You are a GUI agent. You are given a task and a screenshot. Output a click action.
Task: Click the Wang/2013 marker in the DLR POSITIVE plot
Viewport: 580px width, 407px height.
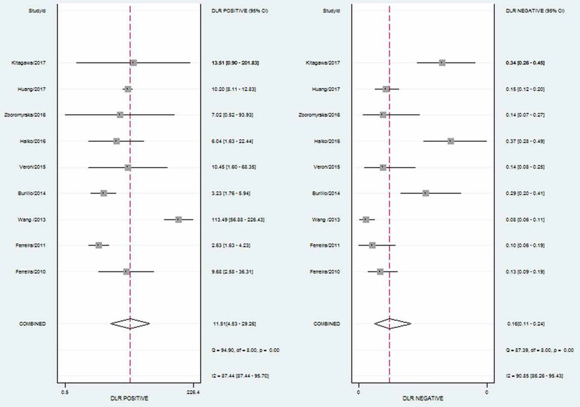click(179, 219)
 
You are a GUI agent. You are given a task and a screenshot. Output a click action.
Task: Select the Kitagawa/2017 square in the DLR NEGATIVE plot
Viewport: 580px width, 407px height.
click(442, 63)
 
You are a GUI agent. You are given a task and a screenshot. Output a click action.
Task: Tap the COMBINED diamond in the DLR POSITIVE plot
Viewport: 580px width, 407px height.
click(130, 324)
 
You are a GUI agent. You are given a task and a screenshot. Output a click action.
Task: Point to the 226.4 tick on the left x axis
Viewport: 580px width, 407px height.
click(193, 392)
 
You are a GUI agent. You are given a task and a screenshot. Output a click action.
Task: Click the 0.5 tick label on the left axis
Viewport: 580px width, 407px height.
click(65, 392)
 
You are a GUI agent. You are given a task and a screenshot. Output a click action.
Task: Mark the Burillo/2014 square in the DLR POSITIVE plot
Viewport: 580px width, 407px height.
click(103, 193)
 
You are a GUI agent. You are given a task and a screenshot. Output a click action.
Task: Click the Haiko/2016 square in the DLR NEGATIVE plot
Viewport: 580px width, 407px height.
click(450, 141)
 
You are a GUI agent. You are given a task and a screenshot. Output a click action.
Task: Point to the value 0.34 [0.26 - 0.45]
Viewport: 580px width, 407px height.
click(525, 63)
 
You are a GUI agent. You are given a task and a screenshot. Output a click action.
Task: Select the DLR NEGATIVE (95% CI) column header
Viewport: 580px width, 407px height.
click(535, 10)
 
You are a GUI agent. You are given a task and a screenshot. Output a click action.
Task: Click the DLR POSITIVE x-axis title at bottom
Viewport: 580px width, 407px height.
click(130, 398)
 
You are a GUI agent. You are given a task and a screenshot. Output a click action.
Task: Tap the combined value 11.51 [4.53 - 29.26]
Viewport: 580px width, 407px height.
click(235, 324)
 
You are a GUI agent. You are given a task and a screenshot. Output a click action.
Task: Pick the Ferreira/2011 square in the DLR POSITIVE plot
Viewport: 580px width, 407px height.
click(99, 245)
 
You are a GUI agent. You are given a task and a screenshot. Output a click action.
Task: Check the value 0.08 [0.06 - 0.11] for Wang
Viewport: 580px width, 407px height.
click(525, 219)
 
